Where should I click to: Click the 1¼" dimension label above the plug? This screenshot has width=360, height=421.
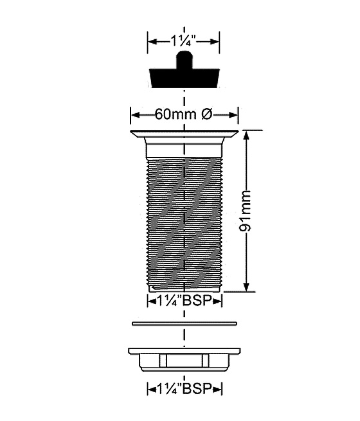click(184, 42)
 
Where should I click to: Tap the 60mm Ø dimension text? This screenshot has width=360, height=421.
click(184, 114)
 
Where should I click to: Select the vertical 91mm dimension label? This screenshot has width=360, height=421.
click(245, 211)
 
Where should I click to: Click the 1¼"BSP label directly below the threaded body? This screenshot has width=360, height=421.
click(184, 301)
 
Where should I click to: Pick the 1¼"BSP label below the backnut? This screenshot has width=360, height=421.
click(184, 388)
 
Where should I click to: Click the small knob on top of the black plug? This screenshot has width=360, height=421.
click(184, 60)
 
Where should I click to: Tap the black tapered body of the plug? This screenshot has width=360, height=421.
click(184, 78)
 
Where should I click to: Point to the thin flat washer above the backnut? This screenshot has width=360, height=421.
click(184, 323)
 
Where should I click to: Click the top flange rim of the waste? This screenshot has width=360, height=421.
click(184, 134)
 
